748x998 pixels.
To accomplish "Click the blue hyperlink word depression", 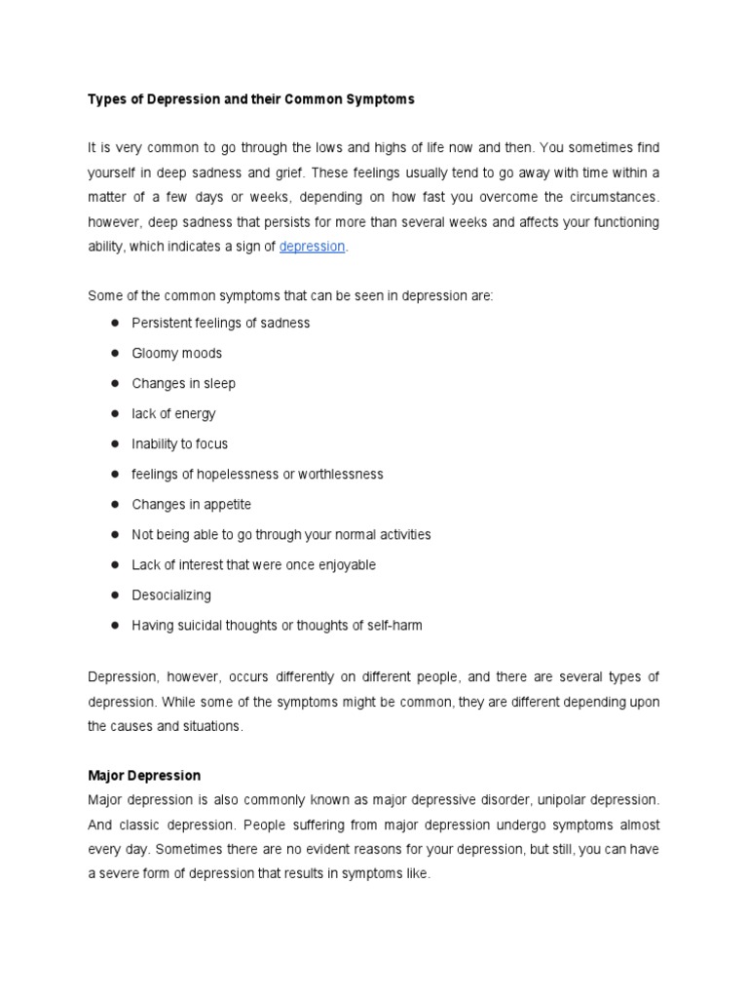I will pos(312,247).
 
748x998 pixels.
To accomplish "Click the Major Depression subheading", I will pos(144,776).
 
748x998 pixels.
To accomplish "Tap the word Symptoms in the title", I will pos(381,99).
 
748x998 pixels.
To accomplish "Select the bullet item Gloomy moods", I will pos(176,353).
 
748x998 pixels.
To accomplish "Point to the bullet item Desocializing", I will pos(170,595).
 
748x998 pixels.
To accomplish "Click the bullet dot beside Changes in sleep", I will pos(114,383).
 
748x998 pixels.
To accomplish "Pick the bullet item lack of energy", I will pos(173,413).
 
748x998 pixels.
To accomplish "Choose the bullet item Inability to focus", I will pos(179,443).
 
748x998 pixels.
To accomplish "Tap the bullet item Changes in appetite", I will pos(191,504).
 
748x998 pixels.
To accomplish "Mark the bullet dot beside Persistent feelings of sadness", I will pos(114,323).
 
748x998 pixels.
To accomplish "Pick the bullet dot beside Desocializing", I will pos(114,595).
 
